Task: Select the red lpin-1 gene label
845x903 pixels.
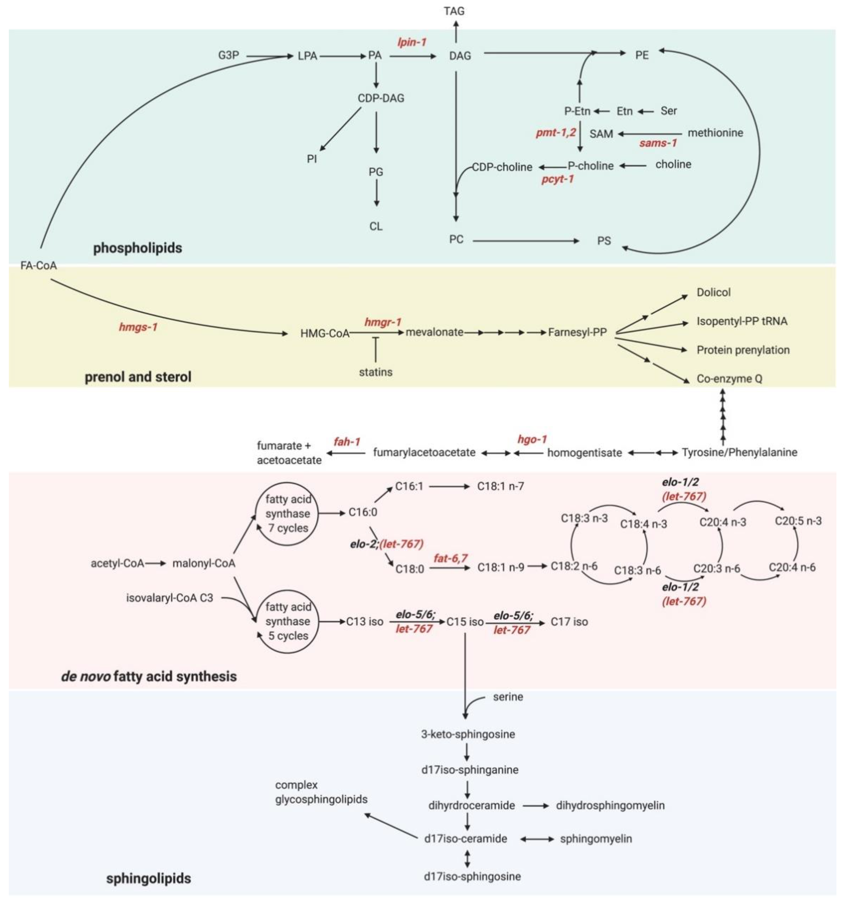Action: (x=412, y=42)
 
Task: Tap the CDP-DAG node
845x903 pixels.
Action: (x=380, y=98)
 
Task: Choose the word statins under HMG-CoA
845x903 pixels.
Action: (x=375, y=372)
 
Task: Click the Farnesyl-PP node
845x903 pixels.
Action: (x=577, y=333)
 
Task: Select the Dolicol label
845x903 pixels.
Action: (x=713, y=292)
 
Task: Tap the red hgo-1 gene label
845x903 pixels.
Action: (x=532, y=439)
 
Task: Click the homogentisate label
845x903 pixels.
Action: (x=584, y=452)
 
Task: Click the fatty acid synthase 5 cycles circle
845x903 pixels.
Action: (x=288, y=621)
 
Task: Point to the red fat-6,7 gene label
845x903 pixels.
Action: (x=450, y=558)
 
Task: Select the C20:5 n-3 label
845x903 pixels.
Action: (x=798, y=521)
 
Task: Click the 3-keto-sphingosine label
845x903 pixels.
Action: (x=468, y=734)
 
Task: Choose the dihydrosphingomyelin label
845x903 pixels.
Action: (x=610, y=805)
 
